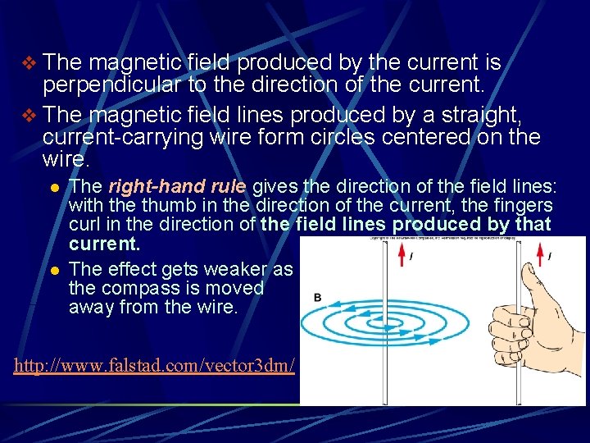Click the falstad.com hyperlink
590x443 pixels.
(154, 365)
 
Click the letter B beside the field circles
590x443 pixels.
(317, 297)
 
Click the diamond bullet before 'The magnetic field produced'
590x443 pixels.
(29, 62)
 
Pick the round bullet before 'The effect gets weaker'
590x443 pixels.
(54, 270)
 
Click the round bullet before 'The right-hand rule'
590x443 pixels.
(54, 187)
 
